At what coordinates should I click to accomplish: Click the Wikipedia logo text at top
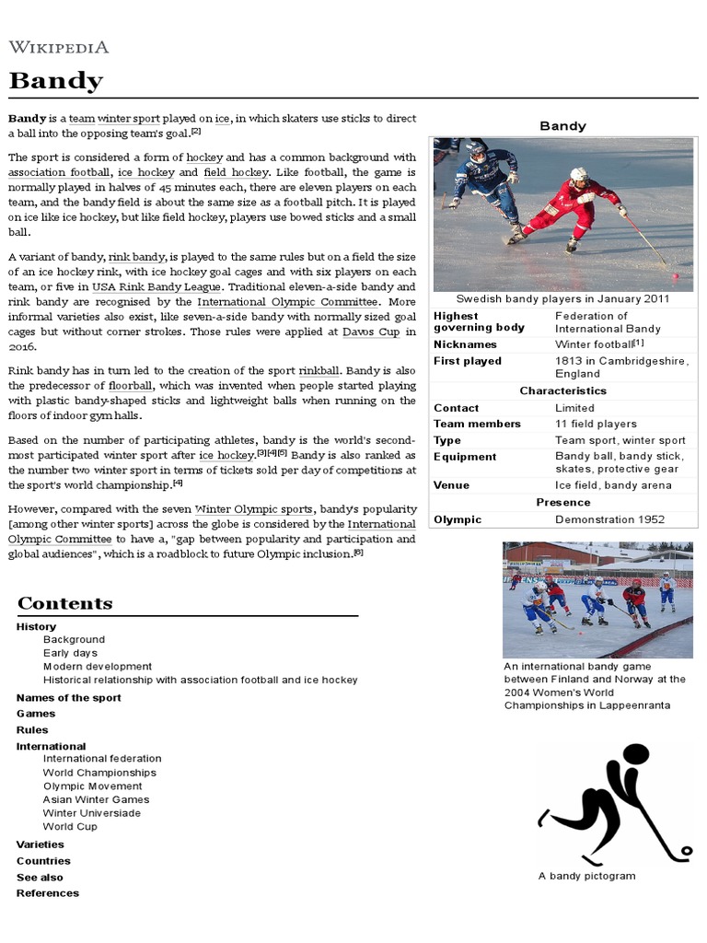59,47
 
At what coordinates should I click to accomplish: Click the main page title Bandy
56,82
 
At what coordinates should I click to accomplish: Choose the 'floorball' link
130,385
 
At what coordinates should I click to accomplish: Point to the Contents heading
65,603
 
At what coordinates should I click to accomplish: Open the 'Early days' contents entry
70,653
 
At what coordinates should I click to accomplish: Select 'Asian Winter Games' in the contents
96,799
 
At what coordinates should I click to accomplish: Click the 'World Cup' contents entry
70,826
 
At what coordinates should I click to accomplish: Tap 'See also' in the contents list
40,877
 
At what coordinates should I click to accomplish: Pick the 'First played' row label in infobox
468,361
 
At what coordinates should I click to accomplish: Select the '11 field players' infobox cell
596,424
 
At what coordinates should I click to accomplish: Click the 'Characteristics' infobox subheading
562,390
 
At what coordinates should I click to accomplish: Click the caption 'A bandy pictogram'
586,876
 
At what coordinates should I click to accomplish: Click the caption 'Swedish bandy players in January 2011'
562,298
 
